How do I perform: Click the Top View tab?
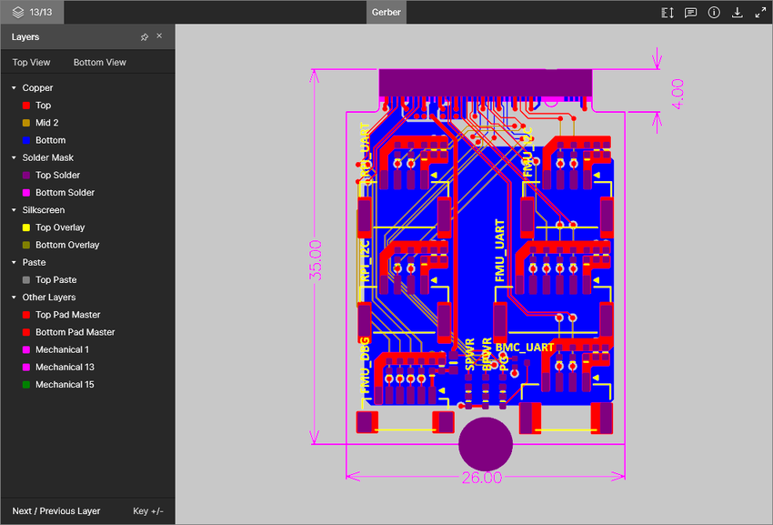click(32, 63)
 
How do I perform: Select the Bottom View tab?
click(100, 63)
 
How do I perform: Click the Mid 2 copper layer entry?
click(46, 123)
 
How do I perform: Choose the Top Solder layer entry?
click(57, 176)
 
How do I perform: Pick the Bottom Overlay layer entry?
click(67, 246)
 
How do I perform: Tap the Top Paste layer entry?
click(55, 280)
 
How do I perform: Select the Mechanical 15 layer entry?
click(65, 385)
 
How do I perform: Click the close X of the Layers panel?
click(159, 36)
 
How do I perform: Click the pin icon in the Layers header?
click(145, 37)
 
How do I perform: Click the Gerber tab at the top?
click(386, 13)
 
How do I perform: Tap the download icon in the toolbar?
click(738, 13)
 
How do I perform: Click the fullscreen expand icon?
click(760, 13)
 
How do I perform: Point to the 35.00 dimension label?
click(316, 259)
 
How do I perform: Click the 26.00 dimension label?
click(481, 478)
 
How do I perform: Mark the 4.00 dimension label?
click(677, 94)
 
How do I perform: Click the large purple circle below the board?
click(485, 443)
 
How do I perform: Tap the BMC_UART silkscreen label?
click(525, 348)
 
